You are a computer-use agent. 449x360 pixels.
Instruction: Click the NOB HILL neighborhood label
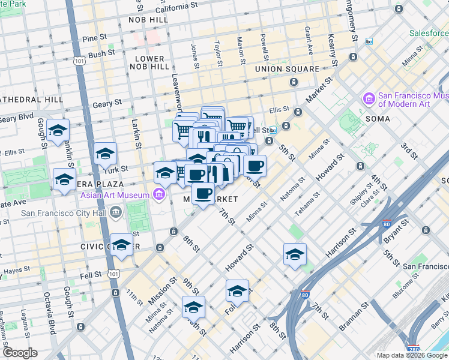[147, 20]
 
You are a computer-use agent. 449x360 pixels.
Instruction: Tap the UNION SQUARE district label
[287, 69]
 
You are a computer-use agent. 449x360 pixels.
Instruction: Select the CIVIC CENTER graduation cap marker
[122, 245]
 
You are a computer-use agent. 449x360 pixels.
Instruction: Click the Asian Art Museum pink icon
[159, 194]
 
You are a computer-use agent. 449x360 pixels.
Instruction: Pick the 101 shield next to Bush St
[80, 61]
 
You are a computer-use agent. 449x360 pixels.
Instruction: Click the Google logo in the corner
[20, 353]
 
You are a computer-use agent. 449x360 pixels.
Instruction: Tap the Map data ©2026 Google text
[412, 355]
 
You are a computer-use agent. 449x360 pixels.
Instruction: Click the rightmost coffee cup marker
[255, 166]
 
